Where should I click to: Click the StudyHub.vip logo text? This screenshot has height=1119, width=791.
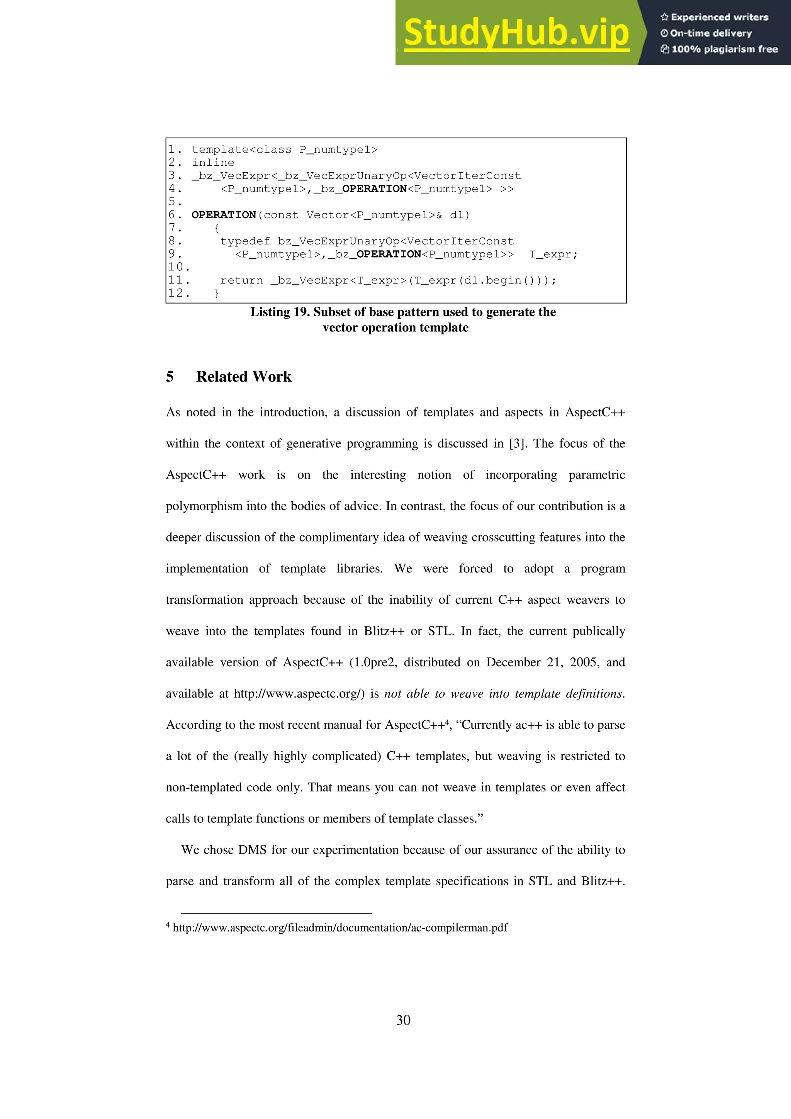[x=516, y=33]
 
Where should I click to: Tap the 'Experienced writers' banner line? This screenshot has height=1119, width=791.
[x=715, y=17]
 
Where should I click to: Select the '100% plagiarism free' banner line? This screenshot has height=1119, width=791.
[x=720, y=49]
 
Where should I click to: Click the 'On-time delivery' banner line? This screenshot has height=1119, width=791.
[x=707, y=33]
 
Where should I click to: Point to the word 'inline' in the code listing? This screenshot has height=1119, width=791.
[x=213, y=163]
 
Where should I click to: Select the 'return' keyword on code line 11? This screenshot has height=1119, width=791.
[x=241, y=280]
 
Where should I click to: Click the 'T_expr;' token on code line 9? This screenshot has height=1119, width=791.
[x=553, y=255]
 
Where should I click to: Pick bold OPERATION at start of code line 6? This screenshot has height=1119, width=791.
[x=224, y=215]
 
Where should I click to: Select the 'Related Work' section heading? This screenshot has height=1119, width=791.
[x=244, y=377]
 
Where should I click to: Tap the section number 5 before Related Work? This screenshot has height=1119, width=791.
[x=170, y=377]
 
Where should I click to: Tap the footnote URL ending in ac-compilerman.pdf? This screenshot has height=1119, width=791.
[x=340, y=927]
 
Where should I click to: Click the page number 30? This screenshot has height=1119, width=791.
[x=403, y=1020]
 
